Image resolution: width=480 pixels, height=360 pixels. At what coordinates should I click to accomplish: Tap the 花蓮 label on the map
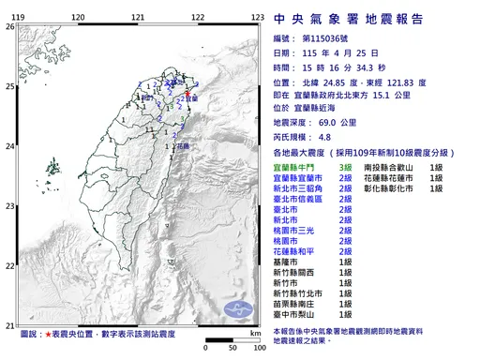click(183, 146)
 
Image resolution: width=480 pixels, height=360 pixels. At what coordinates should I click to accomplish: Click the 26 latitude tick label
click(10, 26)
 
